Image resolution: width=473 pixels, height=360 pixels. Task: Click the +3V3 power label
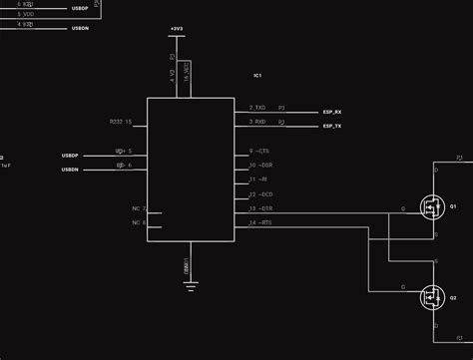pos(176,31)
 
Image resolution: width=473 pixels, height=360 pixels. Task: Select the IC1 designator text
pos(257,76)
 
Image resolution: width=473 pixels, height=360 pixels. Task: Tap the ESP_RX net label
pos(332,113)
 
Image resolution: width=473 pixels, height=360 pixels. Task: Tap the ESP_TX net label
pos(332,127)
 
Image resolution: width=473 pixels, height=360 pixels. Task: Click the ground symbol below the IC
pos(190,286)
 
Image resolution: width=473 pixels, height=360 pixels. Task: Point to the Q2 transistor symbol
pos(431,295)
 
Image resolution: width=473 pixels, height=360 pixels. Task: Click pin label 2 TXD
pos(257,107)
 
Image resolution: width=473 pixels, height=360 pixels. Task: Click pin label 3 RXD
pos(257,121)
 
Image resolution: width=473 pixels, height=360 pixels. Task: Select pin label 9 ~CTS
pos(259,151)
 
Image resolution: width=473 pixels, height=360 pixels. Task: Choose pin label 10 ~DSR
pos(259,165)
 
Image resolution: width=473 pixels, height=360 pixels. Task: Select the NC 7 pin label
pos(139,208)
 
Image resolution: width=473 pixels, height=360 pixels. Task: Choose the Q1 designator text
pos(453,206)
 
